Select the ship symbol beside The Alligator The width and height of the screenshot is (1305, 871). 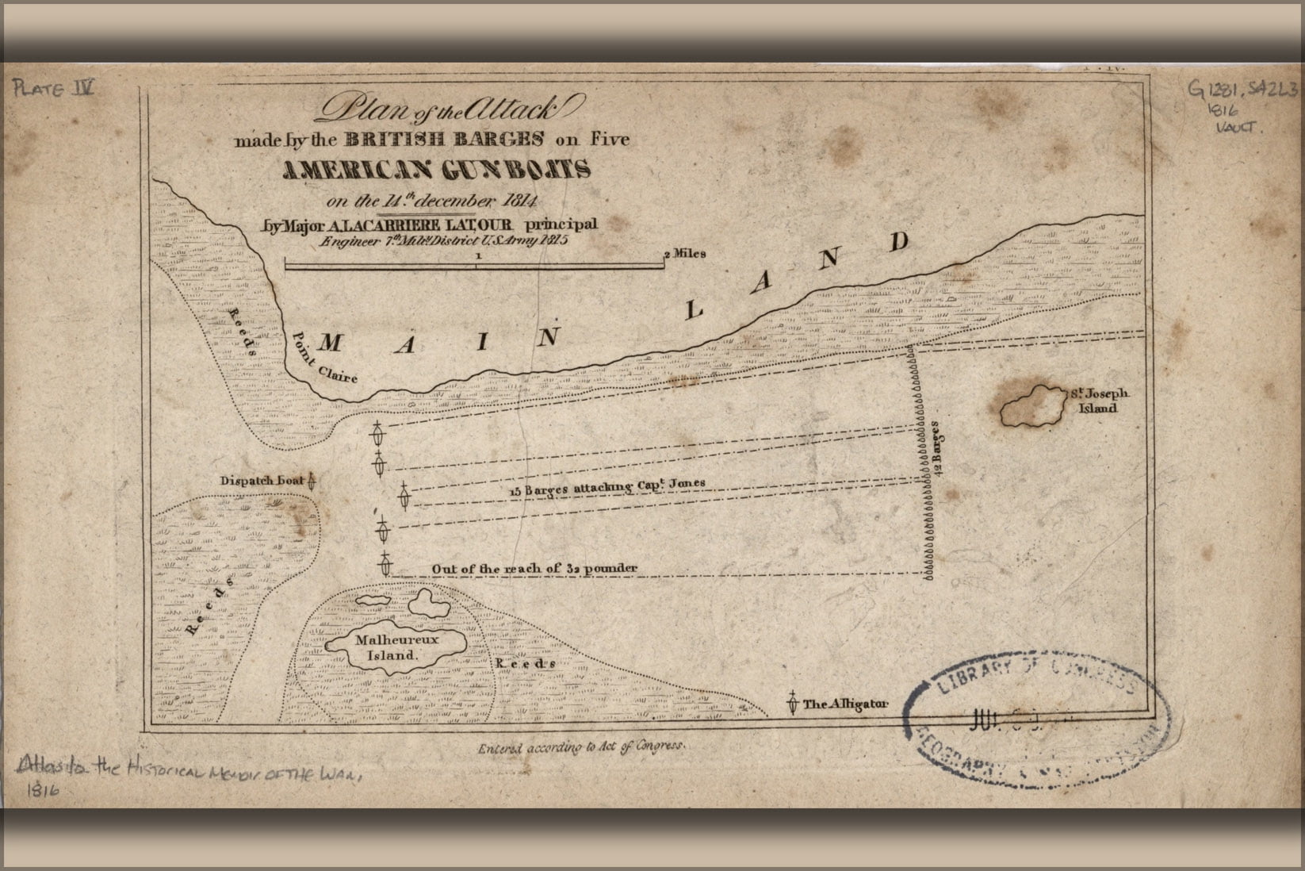[791, 703]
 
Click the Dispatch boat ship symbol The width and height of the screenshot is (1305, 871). [312, 481]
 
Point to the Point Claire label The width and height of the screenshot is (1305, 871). [323, 356]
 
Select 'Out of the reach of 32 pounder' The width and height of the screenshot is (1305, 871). [534, 569]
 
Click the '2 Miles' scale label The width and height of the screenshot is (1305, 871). [685, 255]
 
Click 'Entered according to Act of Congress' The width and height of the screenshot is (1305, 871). [580, 747]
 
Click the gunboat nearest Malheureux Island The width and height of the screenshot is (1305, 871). [386, 564]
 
